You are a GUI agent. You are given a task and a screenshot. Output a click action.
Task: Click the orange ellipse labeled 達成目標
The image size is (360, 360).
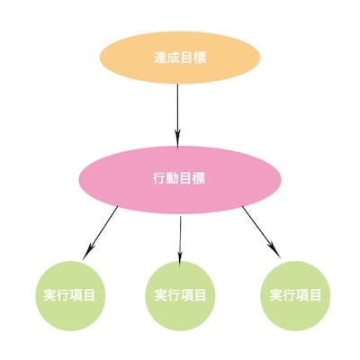pos(179,58)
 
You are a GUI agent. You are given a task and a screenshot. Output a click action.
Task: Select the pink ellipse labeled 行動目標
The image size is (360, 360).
pos(180,180)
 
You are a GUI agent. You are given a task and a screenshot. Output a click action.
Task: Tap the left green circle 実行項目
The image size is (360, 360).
pos(70,296)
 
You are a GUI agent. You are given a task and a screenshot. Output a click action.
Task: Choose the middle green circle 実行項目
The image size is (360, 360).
pos(180,296)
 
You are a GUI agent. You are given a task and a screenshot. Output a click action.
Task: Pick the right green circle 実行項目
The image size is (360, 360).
pos(295,296)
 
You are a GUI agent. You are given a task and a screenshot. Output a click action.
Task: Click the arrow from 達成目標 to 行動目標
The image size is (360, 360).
pos(177,115)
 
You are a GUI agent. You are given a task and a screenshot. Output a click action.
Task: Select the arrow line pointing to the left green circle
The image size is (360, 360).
pos(100,232)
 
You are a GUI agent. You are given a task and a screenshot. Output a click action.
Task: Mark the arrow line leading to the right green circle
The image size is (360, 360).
pos(261,232)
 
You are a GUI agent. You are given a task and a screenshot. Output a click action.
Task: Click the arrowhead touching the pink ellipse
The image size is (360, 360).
pos(177,139)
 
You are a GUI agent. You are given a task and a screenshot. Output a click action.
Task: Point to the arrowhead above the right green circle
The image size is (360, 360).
pos(274,249)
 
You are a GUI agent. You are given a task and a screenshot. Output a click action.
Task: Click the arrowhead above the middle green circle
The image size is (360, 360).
pos(180,258)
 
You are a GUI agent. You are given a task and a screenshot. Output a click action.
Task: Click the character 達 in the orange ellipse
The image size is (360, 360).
pos(159,58)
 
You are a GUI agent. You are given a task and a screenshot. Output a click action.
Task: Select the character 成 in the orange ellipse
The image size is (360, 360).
pos(173,58)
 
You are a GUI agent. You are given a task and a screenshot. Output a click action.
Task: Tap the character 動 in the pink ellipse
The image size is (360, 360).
pos(172,179)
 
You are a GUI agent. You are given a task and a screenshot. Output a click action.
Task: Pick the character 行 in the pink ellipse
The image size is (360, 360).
pos(159,179)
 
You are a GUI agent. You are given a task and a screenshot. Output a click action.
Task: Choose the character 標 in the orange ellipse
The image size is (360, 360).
pos(200,58)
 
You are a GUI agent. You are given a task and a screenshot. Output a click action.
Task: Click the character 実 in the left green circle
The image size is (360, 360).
pos(50,295)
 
